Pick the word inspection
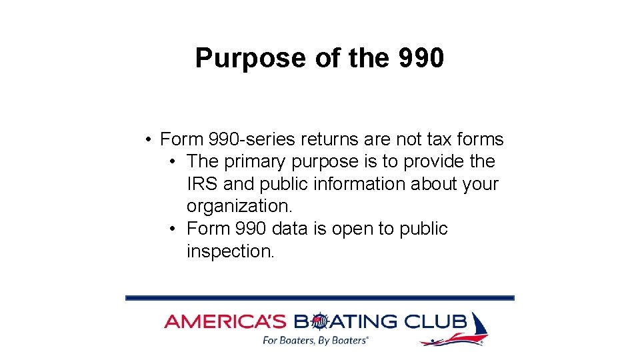click(x=230, y=251)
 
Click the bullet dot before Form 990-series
click(x=150, y=140)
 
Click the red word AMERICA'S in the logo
click(x=225, y=322)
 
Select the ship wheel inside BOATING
click(x=320, y=322)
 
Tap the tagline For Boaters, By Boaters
click(x=315, y=341)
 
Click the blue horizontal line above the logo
click(x=320, y=298)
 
